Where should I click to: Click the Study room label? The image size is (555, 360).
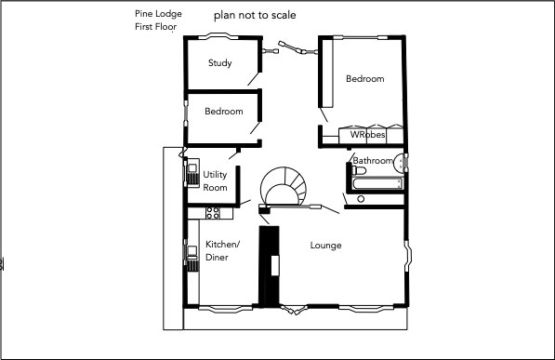coord(219,63)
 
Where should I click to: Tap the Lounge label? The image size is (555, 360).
coord(325,246)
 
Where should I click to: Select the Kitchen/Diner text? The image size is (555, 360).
coord(222,251)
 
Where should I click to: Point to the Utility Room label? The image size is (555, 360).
coord(215,180)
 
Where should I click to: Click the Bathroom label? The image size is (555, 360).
coord(373,161)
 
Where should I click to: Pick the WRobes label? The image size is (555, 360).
coord(367,135)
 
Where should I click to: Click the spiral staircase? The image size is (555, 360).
coord(284,186)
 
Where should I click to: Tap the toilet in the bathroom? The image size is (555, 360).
coord(359,171)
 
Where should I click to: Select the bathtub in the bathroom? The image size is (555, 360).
coord(377,183)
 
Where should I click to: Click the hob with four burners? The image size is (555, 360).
coord(213,213)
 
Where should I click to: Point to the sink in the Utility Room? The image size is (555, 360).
coord(193,172)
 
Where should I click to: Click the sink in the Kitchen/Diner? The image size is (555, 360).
coord(192,258)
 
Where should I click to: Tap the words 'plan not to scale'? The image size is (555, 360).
coord(255,15)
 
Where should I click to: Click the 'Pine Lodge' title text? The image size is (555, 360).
coord(158,14)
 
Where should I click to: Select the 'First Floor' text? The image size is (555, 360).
coord(156,27)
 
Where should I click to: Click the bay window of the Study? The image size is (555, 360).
coord(218,35)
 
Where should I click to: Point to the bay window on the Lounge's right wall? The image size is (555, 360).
coord(408,256)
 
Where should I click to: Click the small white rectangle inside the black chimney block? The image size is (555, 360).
coord(275,265)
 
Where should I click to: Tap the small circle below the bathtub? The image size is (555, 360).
coord(361,199)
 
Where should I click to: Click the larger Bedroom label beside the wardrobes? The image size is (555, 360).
coord(365,79)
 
